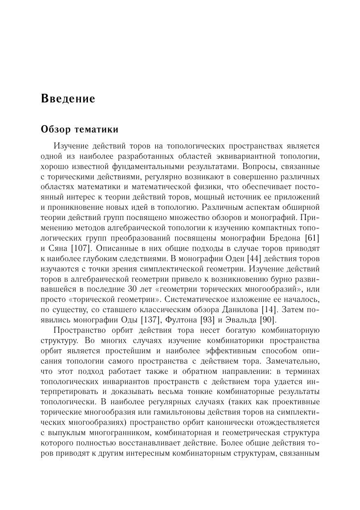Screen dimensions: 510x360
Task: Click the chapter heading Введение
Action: click(68, 99)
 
